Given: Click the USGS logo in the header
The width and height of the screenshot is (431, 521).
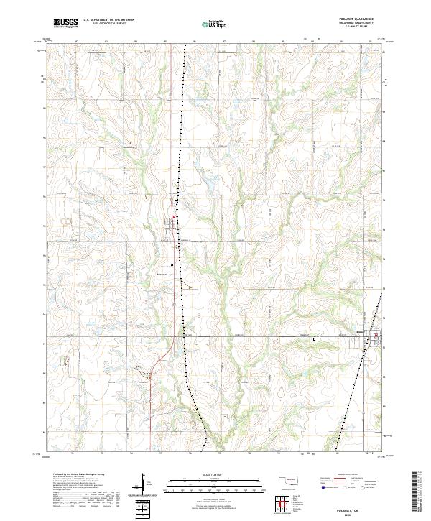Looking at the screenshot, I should pyautogui.click(x=65, y=23).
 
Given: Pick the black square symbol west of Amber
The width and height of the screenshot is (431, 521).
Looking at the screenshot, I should pyautogui.click(x=313, y=340).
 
